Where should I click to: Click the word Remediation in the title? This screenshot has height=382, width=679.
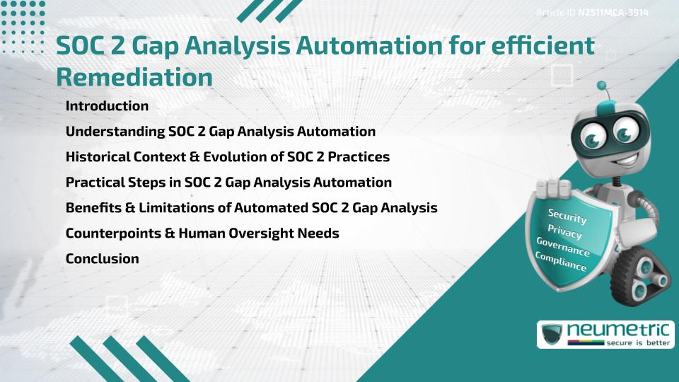coord(134,76)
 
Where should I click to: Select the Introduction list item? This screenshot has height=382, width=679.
coord(107,106)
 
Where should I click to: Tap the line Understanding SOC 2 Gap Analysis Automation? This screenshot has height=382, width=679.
coord(220,132)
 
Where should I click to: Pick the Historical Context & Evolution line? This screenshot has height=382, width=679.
coord(227,157)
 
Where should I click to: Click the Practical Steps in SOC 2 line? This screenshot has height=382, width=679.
coord(228,183)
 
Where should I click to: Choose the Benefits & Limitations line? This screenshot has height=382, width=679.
coord(251,208)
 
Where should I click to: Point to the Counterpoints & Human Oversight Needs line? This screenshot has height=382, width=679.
coord(202,233)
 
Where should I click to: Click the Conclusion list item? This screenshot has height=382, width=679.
coord(102,259)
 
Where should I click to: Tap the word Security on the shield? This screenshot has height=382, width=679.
coord(567,217)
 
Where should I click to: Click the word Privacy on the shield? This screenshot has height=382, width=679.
coord(565,232)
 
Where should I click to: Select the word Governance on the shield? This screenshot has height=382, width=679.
coord(563,247)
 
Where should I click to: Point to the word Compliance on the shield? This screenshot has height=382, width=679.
coord(561,261)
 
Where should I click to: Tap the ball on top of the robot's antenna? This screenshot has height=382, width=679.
coord(602,86)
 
